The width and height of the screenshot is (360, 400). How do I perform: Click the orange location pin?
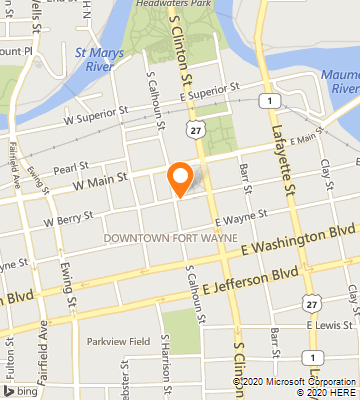pos(180,177)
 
